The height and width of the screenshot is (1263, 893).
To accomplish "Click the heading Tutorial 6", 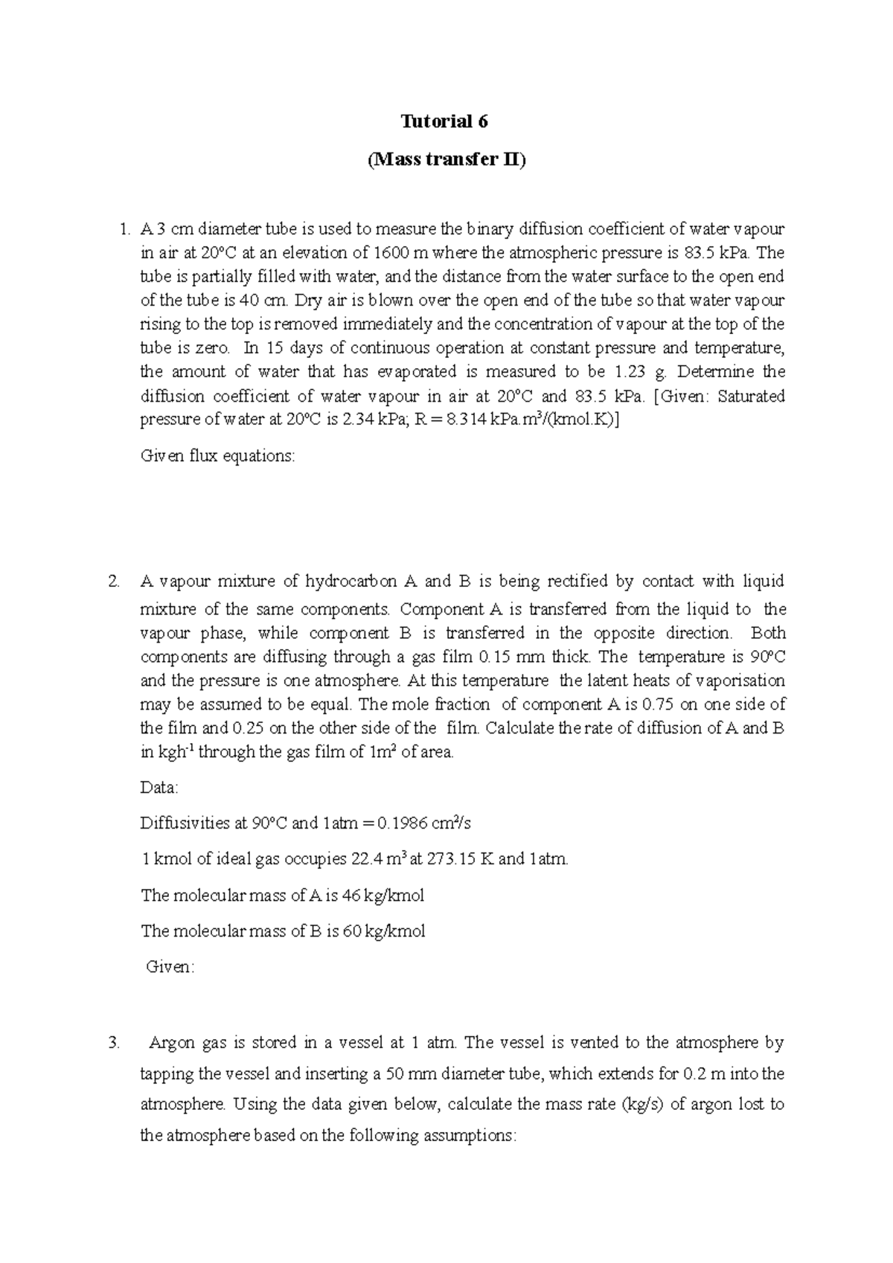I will (x=445, y=121).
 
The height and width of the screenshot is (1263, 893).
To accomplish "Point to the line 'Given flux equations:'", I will (x=217, y=456).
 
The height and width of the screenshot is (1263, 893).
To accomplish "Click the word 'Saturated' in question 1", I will (x=751, y=396).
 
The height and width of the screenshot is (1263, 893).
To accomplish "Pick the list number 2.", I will (x=113, y=581).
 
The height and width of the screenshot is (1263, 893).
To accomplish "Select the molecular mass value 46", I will (x=351, y=895).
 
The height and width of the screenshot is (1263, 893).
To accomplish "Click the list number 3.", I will (x=113, y=1043).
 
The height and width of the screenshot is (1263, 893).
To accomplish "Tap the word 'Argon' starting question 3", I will (x=172, y=1043).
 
